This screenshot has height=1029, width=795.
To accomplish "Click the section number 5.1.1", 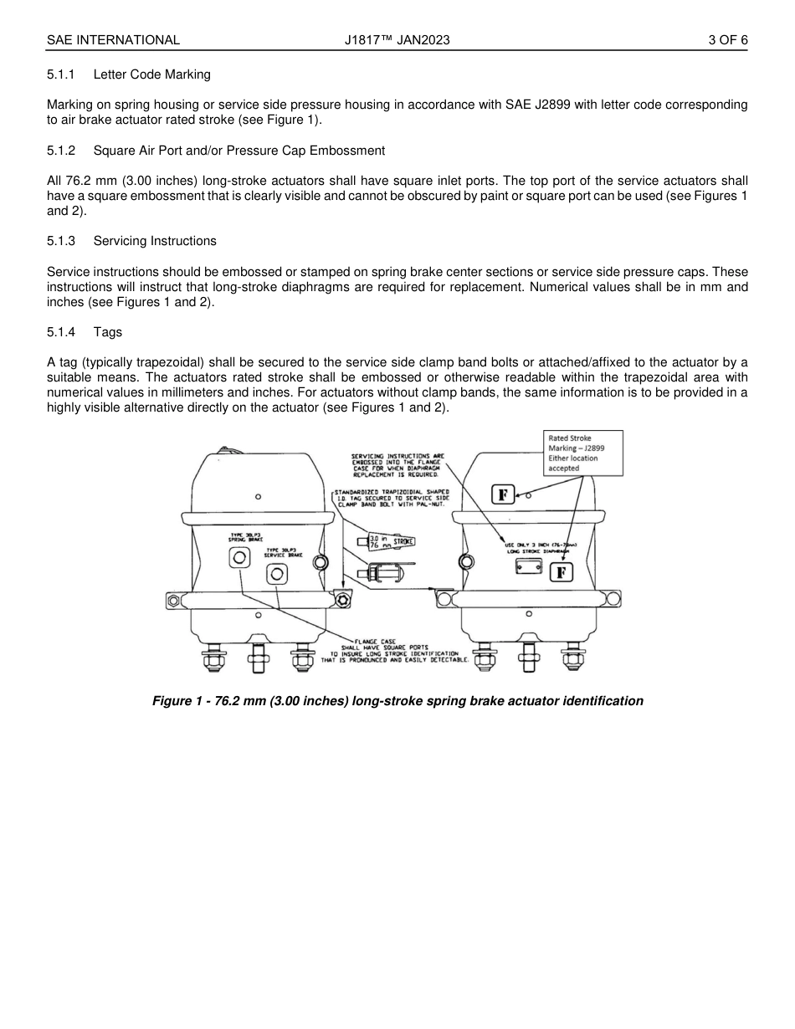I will [61, 74].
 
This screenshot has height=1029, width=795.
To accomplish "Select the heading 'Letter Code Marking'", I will [151, 74].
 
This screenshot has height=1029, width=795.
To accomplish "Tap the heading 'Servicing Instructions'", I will [155, 241].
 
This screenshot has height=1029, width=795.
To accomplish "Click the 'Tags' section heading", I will [107, 332].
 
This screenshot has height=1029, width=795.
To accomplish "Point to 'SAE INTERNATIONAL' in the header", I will [113, 39].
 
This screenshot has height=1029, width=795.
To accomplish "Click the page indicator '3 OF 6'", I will [727, 39].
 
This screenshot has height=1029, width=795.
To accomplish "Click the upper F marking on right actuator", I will [502, 494].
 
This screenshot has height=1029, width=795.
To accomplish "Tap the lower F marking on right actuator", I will [562, 572].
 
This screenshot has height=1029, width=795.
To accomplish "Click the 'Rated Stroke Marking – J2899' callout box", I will [584, 453].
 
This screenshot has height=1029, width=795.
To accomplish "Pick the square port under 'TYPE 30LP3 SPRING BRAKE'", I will [239, 557].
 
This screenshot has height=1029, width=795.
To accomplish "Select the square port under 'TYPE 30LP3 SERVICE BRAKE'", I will [276, 574].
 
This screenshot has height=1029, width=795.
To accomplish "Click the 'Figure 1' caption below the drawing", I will [397, 701].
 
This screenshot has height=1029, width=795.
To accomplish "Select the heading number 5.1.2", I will [61, 151].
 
